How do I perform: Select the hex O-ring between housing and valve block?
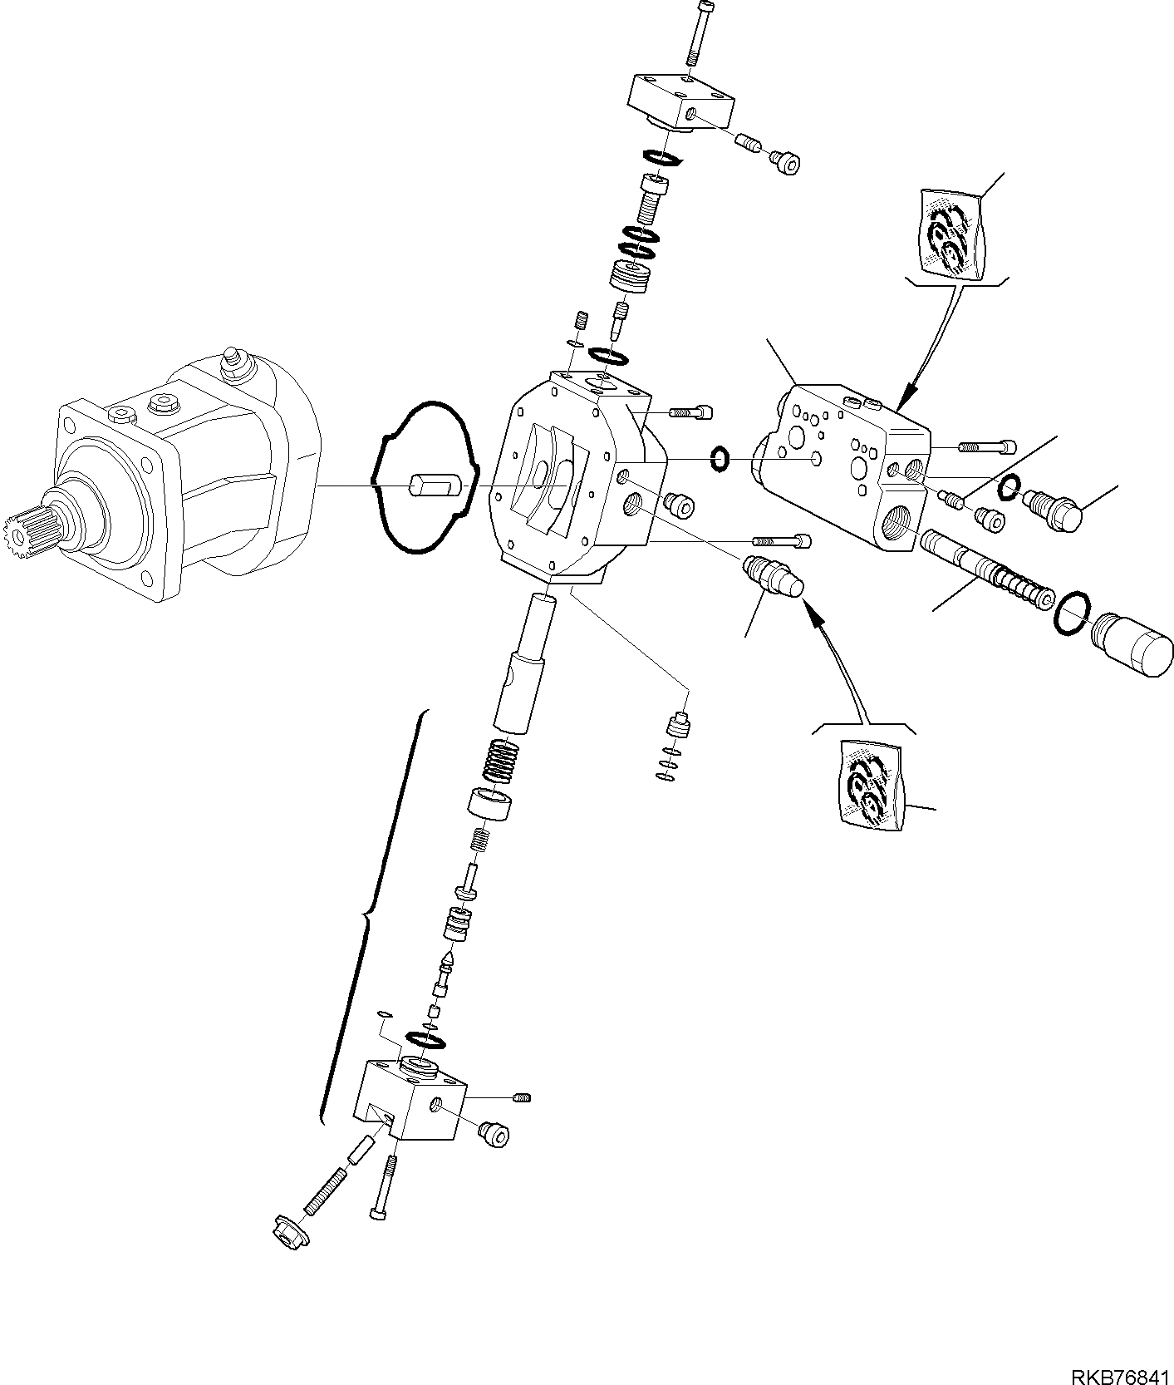click(720, 457)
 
